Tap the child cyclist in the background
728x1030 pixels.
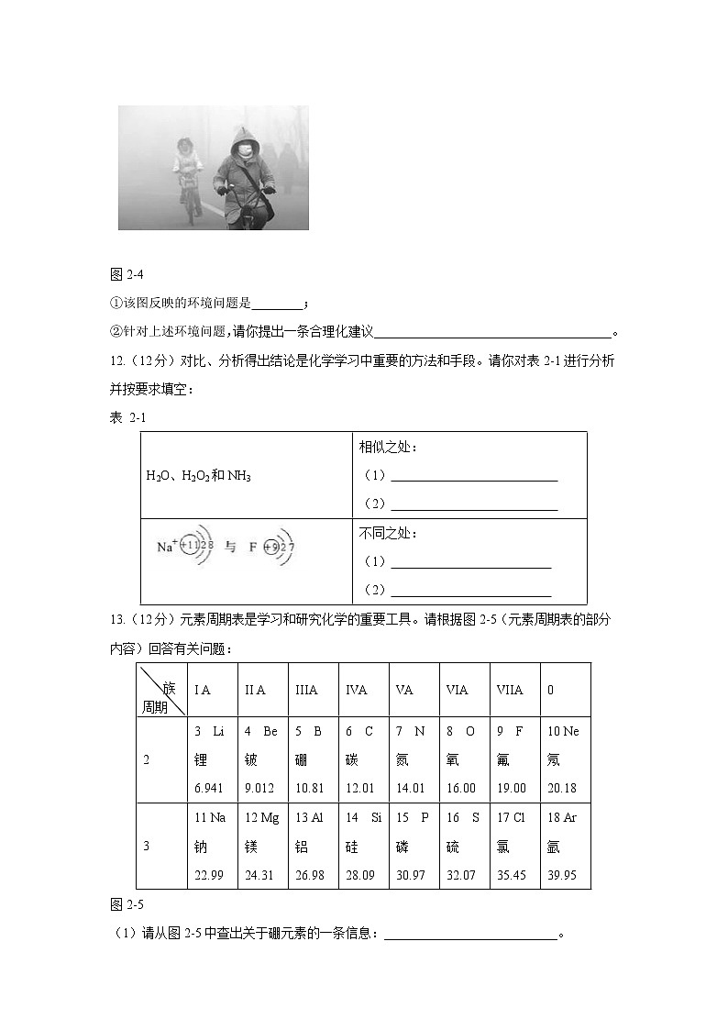pyautogui.click(x=187, y=170)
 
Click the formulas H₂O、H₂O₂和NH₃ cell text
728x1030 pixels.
pyautogui.click(x=198, y=476)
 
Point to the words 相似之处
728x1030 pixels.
pyautogui.click(x=388, y=447)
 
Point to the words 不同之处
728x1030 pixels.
pyautogui.click(x=388, y=533)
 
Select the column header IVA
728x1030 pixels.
pyautogui.click(x=357, y=690)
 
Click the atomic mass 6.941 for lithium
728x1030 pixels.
pyautogui.click(x=209, y=788)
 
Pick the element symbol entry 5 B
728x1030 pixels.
pyautogui.click(x=308, y=731)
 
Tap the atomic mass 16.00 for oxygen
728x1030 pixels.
pyautogui.click(x=461, y=788)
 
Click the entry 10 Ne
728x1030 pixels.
pyautogui.click(x=563, y=731)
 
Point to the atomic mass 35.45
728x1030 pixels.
pyautogui.click(x=512, y=875)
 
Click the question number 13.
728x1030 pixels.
pyautogui.click(x=116, y=619)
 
